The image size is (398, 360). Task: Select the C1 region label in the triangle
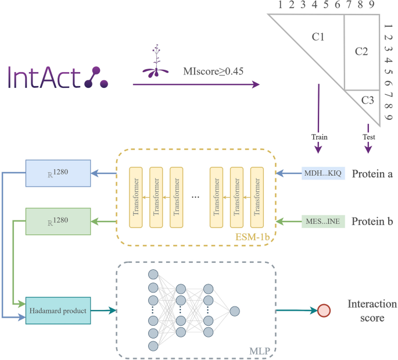coord(318,38)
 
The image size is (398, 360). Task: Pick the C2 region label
coord(361,52)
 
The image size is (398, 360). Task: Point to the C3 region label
coord(367,100)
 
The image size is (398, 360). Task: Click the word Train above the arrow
coord(319,137)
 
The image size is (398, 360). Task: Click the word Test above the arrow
coord(368,137)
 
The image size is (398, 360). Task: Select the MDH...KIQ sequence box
coord(324,173)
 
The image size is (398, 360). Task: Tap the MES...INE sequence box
coord(324,222)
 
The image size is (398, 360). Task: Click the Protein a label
coord(373,173)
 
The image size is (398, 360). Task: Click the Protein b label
coord(373,222)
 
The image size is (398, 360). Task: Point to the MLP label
coord(259,349)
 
